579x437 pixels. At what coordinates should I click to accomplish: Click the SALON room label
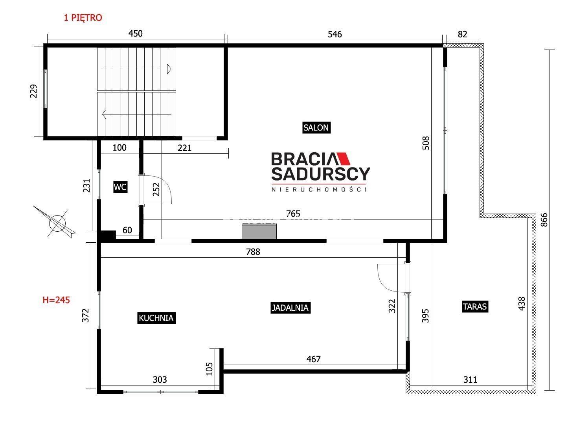tap(316, 127)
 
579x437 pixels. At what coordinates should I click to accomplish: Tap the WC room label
tap(120, 187)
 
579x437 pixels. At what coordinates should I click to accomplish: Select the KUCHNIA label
tap(156, 318)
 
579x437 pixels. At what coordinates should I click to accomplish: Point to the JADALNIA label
tap(290, 308)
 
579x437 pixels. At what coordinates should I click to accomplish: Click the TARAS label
tap(475, 306)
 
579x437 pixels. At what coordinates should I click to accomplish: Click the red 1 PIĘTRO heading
tap(83, 18)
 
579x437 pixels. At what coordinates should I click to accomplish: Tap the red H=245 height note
tap(56, 300)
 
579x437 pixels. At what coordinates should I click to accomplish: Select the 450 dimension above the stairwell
tap(135, 33)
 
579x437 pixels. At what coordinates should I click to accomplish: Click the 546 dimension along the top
tap(335, 34)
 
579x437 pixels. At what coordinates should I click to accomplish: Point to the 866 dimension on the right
tap(544, 220)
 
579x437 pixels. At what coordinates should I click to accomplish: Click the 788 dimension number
tap(253, 252)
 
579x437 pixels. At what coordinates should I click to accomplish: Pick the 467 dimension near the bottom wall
tap(313, 359)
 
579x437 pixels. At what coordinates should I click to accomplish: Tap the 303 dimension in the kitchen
tap(160, 380)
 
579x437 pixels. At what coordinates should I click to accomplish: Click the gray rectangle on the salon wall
tap(259, 231)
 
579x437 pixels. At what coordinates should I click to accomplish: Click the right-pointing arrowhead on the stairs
tap(169, 69)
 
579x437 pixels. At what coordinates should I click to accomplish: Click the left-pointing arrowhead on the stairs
tap(104, 114)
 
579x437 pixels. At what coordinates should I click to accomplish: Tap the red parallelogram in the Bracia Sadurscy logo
tap(342, 159)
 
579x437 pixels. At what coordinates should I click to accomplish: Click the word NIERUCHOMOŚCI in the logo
tap(319, 190)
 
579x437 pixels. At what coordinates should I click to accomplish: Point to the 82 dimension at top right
tap(462, 34)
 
